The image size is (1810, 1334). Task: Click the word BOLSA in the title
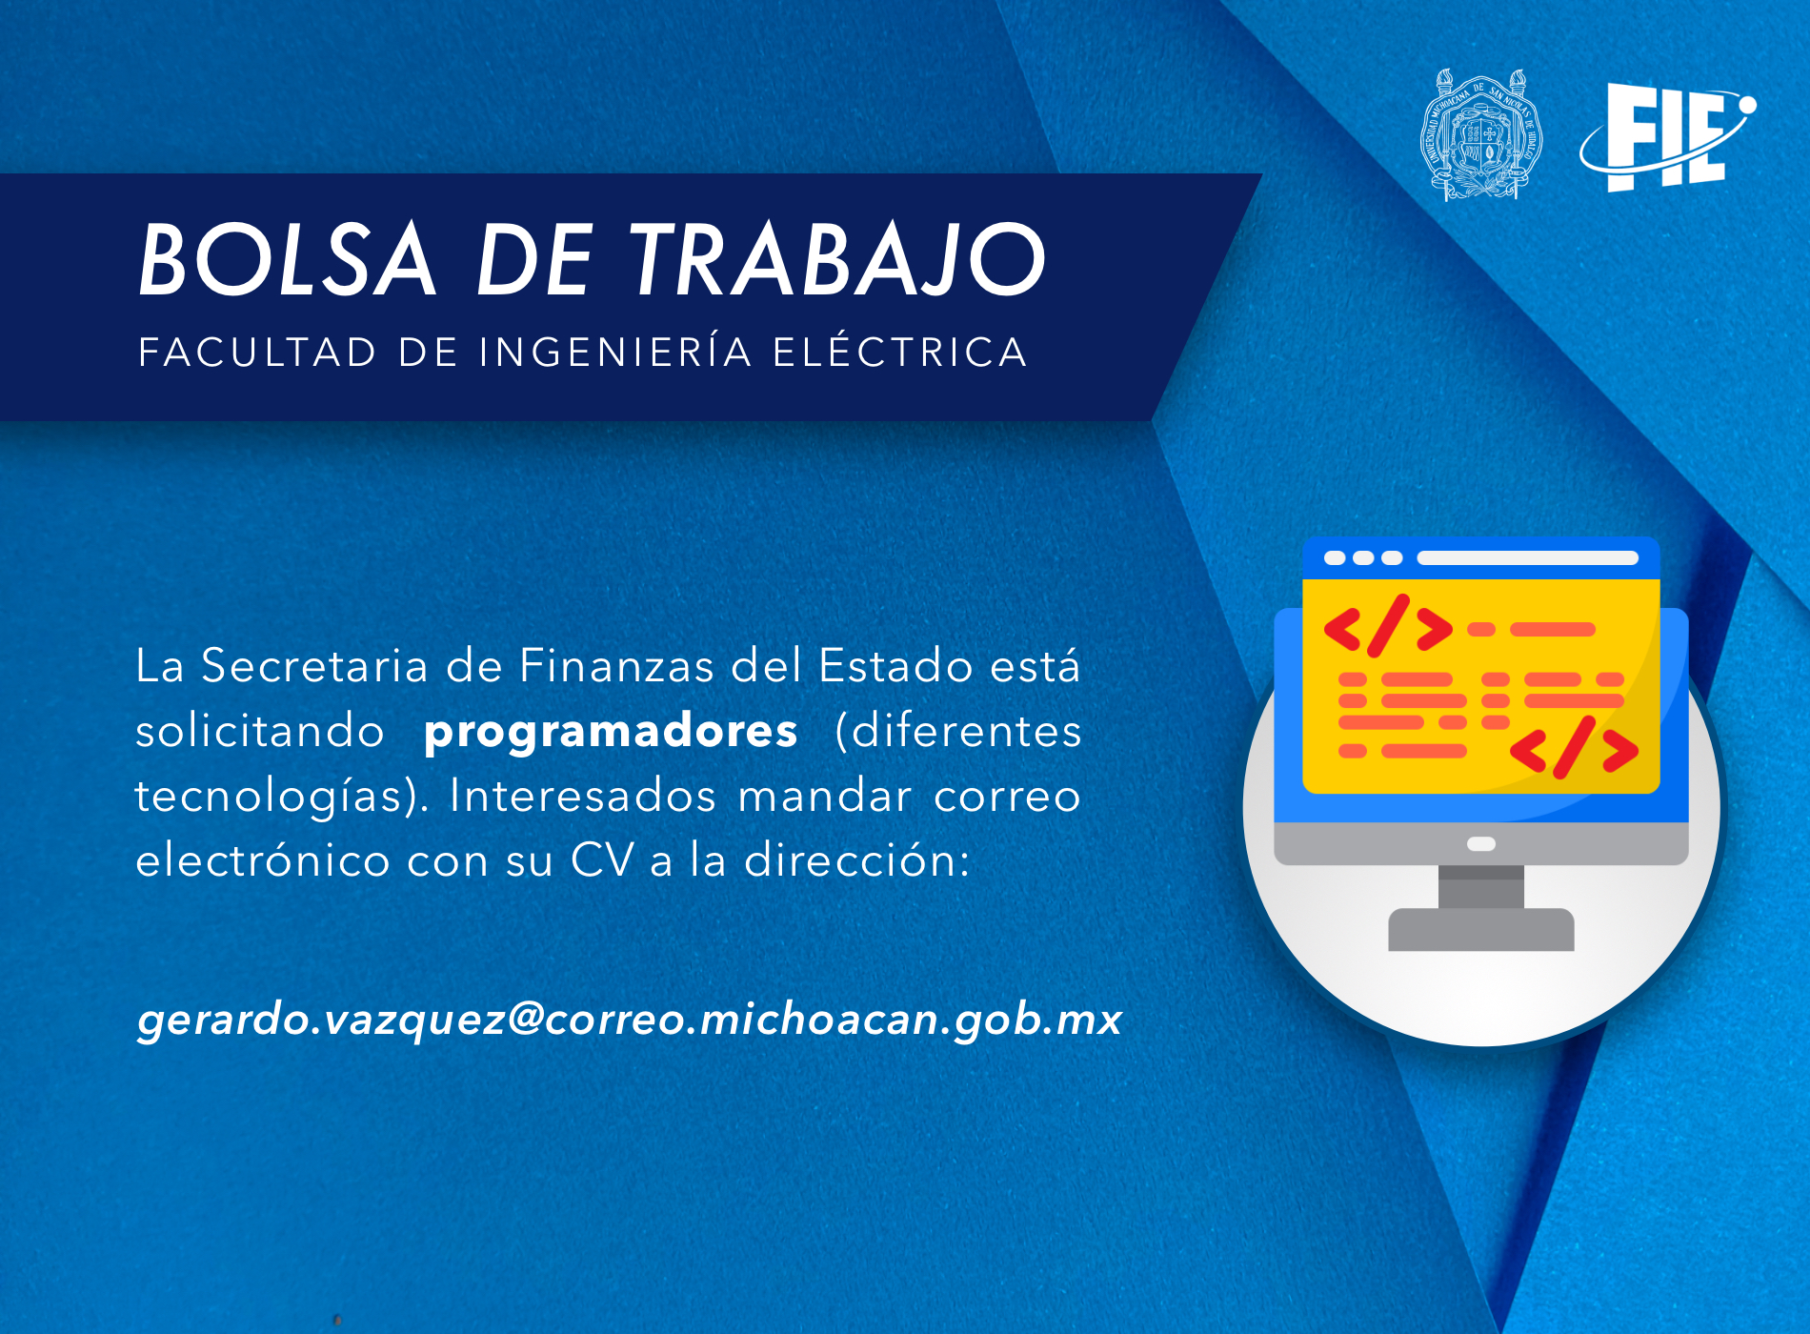pos(287,259)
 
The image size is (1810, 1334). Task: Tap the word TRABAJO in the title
pos(839,259)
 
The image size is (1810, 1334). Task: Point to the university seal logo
pos(1481,134)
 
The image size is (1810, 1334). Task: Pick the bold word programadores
pos(611,731)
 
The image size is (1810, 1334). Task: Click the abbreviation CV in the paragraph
pos(602,859)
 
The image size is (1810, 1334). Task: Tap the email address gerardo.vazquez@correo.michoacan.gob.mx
pos(630,1019)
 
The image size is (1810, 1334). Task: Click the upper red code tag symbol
pos(1388,627)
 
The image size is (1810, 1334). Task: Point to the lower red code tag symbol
pos(1574,748)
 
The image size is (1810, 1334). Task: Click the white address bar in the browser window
pos(1527,557)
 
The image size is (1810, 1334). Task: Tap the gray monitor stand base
pos(1481,929)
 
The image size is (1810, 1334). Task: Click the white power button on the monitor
pos(1481,843)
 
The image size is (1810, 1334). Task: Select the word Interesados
pos(582,796)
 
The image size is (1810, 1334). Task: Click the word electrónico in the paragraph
pos(263,859)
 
